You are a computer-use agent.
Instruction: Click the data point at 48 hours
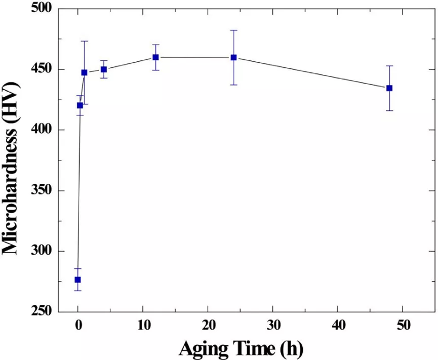click(389, 88)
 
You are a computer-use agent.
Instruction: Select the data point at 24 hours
click(234, 57)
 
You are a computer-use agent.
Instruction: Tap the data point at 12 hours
click(155, 57)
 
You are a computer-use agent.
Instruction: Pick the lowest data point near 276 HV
click(77, 279)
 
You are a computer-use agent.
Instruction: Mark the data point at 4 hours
click(104, 69)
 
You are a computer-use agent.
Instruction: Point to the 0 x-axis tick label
click(78, 326)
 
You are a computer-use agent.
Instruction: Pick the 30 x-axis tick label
click(273, 326)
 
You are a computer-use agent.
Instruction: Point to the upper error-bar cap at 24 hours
click(234, 30)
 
